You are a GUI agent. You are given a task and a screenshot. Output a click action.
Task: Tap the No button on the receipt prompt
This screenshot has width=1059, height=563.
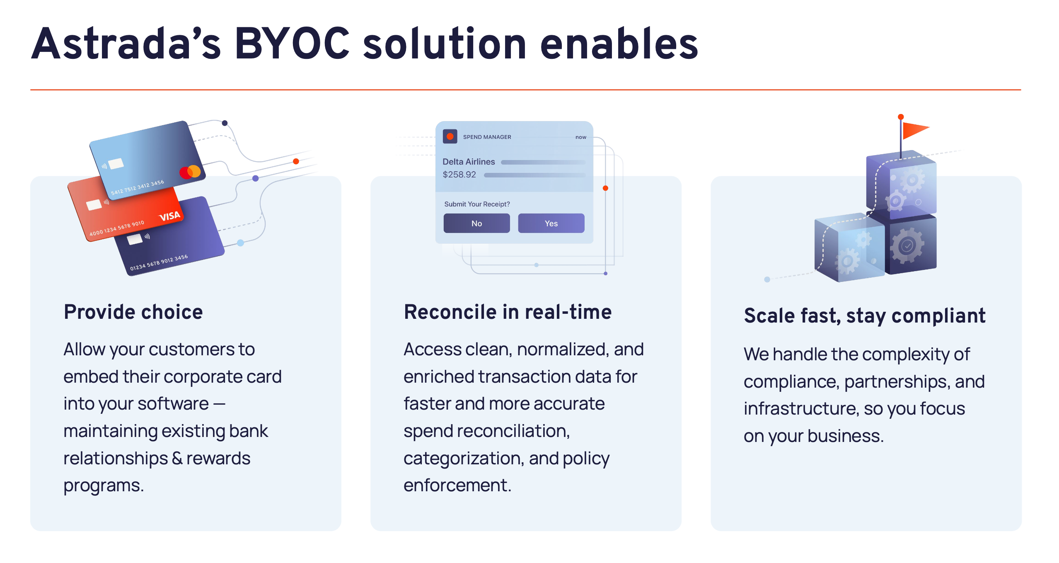[476, 223]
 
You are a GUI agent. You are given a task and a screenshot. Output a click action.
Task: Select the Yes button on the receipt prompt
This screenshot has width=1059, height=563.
[551, 223]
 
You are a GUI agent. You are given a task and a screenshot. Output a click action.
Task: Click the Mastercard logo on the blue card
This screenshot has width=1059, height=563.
[190, 172]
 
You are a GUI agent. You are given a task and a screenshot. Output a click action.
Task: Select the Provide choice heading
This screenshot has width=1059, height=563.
[133, 312]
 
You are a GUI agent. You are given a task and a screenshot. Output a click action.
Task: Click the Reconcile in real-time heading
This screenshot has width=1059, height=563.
[508, 312]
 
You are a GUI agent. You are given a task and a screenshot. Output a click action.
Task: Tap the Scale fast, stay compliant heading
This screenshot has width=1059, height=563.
[865, 316]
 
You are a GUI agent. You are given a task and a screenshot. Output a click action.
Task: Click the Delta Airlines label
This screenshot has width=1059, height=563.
[469, 162]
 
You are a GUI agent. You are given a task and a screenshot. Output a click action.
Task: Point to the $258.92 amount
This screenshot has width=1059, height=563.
[459, 175]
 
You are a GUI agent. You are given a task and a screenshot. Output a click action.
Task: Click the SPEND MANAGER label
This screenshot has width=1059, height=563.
[487, 137]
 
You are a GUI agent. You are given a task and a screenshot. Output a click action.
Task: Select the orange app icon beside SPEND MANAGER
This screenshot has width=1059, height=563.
[450, 136]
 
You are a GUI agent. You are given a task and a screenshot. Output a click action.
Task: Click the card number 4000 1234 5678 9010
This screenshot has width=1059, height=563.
[117, 228]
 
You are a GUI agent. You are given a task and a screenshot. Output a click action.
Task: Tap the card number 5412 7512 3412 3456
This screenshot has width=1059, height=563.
[138, 187]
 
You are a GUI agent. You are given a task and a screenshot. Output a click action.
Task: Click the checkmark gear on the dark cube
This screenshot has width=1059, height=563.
[907, 246]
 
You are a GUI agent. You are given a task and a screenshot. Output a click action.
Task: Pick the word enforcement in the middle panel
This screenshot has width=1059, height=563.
[457, 485]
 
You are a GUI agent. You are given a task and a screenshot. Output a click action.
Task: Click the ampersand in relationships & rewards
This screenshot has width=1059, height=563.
[177, 458]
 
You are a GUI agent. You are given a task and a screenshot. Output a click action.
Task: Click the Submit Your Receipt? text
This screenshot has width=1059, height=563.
[477, 204]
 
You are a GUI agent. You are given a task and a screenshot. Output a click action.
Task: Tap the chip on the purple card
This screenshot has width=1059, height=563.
[135, 239]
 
